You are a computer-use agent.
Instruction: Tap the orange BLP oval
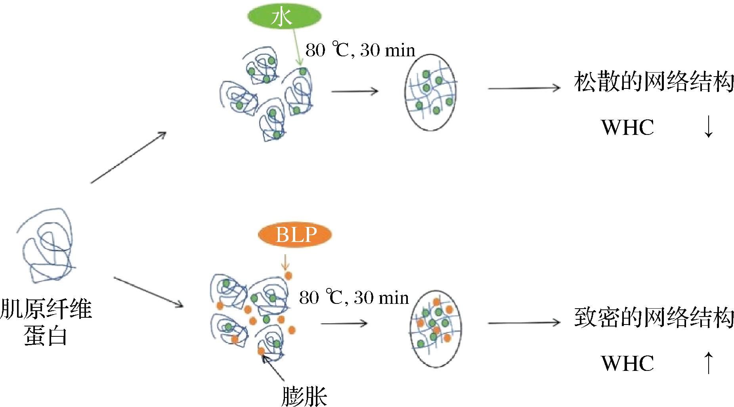[x=295, y=235]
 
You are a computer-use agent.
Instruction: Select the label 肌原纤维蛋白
[x=46, y=321]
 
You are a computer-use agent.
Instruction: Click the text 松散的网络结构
[x=654, y=83]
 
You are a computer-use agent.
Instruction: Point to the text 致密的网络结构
[x=654, y=317]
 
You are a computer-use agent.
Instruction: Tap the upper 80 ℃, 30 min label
[x=360, y=50]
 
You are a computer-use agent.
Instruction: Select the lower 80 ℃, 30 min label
[x=354, y=298]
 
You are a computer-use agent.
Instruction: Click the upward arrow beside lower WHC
[x=708, y=363]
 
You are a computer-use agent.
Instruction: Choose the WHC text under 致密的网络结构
[x=627, y=363]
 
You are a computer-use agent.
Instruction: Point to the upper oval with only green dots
[x=431, y=92]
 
